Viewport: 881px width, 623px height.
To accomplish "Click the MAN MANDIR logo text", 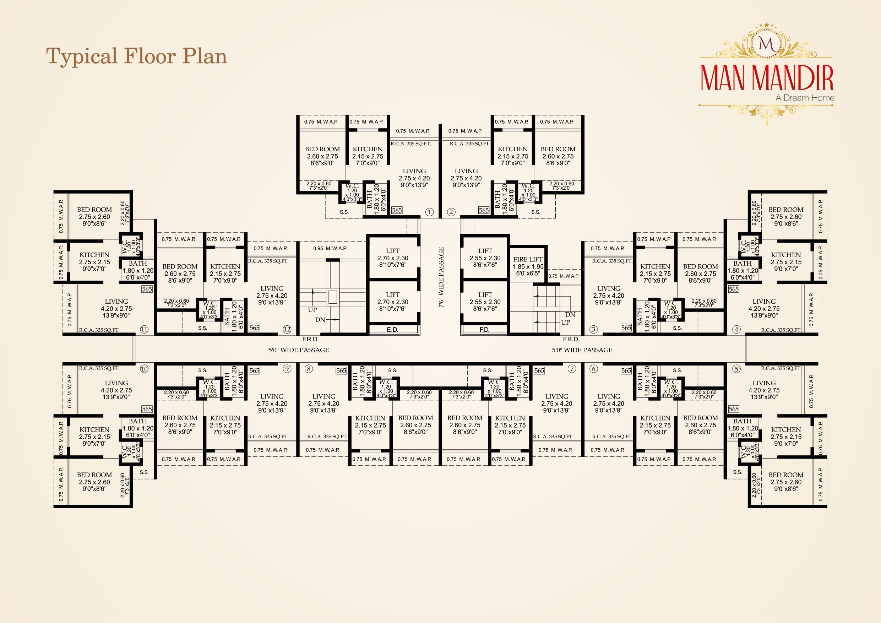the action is pyautogui.click(x=767, y=78).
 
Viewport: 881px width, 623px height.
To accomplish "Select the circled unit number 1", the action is pyautogui.click(x=429, y=212).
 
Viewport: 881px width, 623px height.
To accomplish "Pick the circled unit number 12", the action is pyautogui.click(x=287, y=329).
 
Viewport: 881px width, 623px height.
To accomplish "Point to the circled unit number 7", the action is pyautogui.click(x=572, y=369).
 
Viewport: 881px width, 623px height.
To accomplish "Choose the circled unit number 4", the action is pyautogui.click(x=736, y=329).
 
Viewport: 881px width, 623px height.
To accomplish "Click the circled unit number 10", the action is pyautogui.click(x=144, y=369).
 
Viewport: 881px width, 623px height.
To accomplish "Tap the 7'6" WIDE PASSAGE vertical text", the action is pyautogui.click(x=441, y=277).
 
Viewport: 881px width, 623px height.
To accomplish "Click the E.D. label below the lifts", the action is pyautogui.click(x=392, y=329).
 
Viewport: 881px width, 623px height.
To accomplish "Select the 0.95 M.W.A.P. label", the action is pyautogui.click(x=330, y=248).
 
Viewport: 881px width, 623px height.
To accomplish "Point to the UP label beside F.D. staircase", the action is pyautogui.click(x=565, y=323).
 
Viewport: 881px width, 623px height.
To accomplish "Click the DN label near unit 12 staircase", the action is pyautogui.click(x=320, y=320).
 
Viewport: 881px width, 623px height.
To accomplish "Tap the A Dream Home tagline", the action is pyautogui.click(x=805, y=98).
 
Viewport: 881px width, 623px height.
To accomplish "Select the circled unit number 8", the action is pyautogui.click(x=309, y=369).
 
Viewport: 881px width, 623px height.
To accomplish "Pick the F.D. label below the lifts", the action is pyautogui.click(x=484, y=329).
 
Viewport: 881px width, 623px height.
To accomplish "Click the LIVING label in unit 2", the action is pyautogui.click(x=466, y=171).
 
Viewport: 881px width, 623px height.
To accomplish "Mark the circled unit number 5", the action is pyautogui.click(x=736, y=369).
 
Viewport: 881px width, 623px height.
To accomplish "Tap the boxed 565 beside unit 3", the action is pyautogui.click(x=626, y=327).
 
